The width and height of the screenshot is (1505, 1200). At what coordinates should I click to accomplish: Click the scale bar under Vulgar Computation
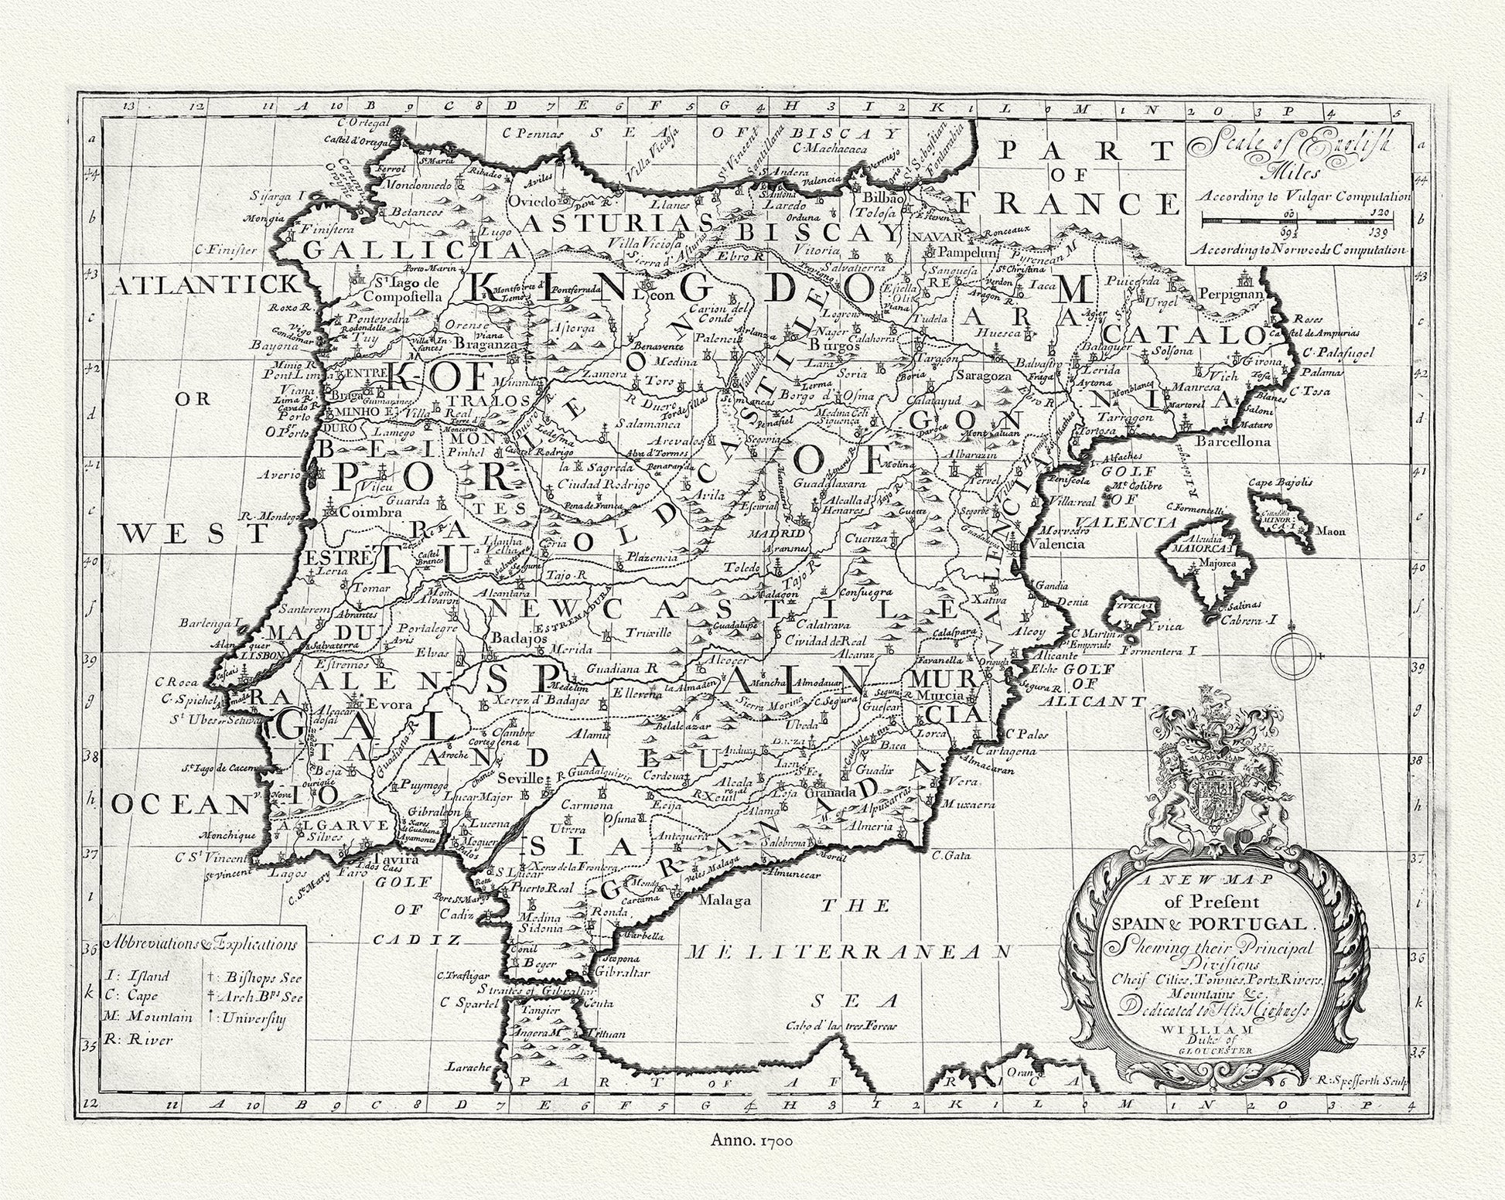point(1305,220)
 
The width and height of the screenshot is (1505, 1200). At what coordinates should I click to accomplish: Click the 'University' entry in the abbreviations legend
point(251,1018)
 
